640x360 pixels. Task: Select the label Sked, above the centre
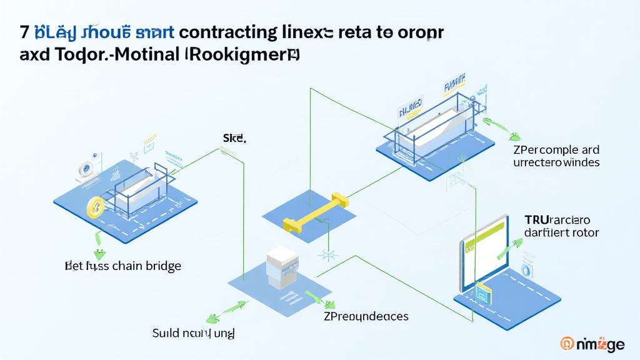[x=234, y=137]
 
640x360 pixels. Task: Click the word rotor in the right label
[x=586, y=233]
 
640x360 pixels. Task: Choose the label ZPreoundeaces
[x=366, y=316]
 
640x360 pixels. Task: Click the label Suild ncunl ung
[x=193, y=333]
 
